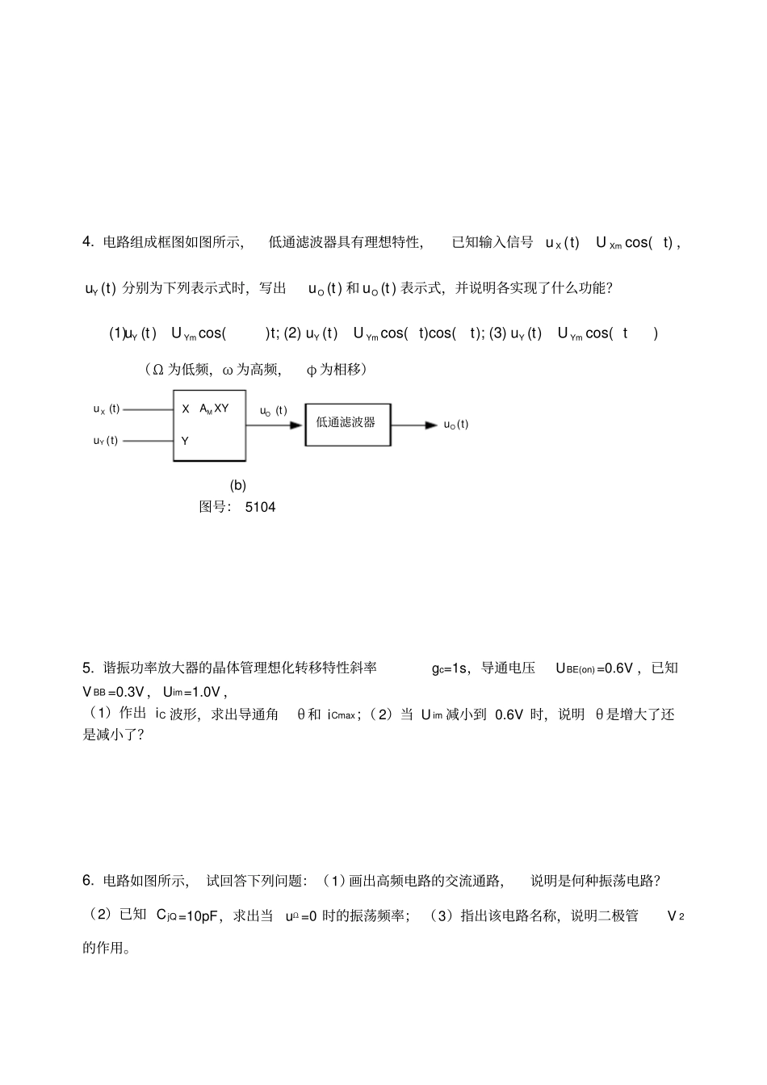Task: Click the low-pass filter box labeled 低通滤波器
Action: [x=346, y=424]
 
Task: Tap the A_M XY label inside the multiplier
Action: [x=214, y=408]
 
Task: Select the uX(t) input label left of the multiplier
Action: [x=107, y=409]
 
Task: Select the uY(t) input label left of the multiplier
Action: [x=106, y=440]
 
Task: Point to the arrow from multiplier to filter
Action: [x=275, y=425]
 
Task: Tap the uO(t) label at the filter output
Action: [x=456, y=425]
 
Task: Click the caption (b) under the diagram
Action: [x=237, y=485]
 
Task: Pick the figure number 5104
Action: [x=260, y=507]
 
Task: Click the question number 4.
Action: [x=87, y=242]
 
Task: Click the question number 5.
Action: [x=87, y=668]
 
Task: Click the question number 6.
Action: [x=87, y=881]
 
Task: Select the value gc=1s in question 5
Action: [x=450, y=668]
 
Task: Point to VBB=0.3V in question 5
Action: [x=114, y=692]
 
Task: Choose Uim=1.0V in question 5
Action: [x=191, y=692]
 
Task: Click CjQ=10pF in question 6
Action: [x=188, y=915]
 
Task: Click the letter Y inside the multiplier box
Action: [x=185, y=441]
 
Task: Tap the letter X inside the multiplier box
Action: [x=186, y=409]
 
